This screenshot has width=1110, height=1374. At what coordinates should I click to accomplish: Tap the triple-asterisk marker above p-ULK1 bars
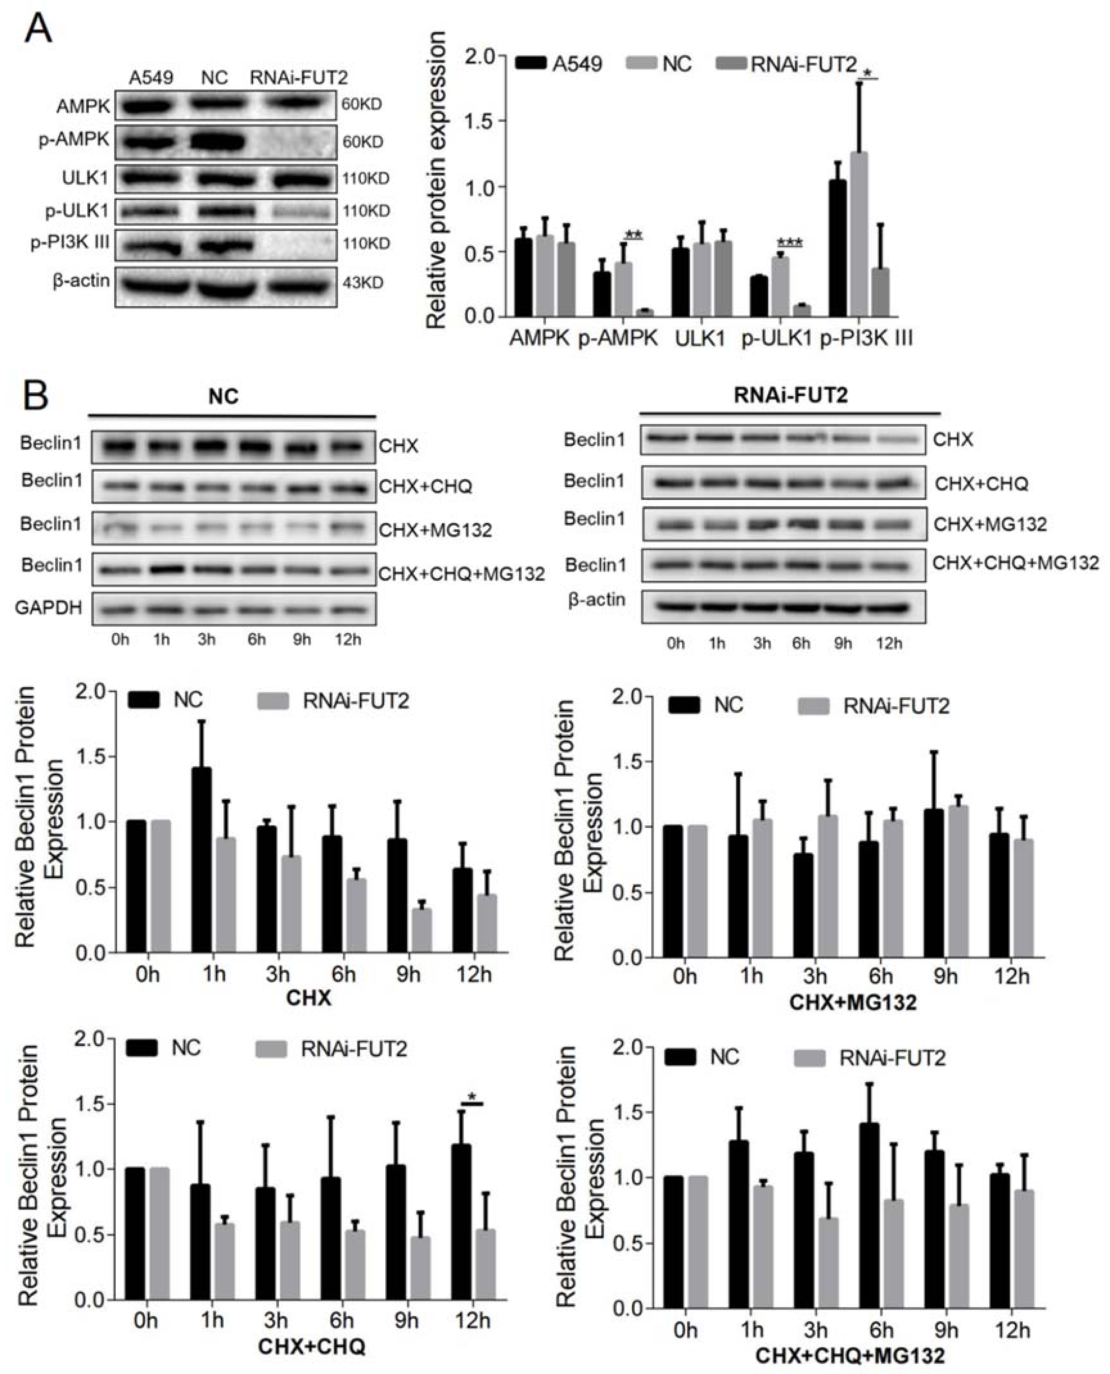(x=790, y=243)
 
